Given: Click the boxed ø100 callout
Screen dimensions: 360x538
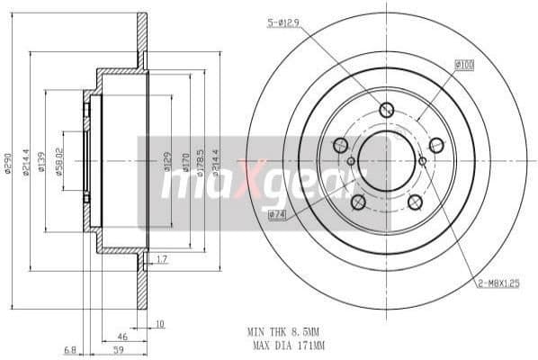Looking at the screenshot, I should pos(464,65).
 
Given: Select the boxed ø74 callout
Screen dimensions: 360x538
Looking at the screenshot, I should pos(276,214).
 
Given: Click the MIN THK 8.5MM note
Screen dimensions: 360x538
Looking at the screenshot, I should pos(285,331).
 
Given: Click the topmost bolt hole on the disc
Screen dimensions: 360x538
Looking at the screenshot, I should pos(387,111).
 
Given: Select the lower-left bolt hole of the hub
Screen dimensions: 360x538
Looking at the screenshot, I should pos(357,202).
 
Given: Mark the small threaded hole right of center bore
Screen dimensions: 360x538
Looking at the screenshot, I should pos(423,161).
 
